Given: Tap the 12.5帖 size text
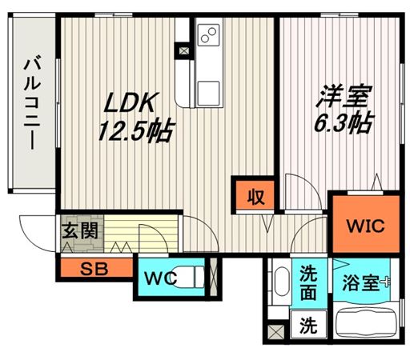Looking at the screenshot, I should pos(134,130).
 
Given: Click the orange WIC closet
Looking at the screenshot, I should pos(364,225).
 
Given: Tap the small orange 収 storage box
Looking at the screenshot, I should pos(255,194).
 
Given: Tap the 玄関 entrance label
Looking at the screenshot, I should pos(78,232).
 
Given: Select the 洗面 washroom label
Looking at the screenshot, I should pos(308,281).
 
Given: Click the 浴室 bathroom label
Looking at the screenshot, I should pos(359,282).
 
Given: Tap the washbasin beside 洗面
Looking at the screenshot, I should pos(281,285).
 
